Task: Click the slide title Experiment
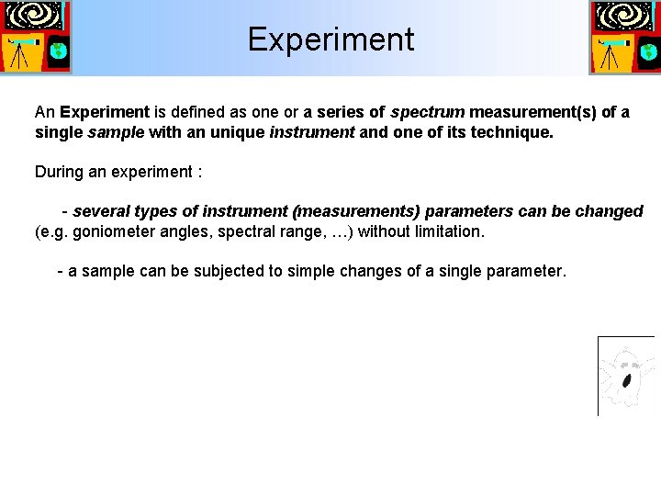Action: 330,39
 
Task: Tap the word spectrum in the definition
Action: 427,112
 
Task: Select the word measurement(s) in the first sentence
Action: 532,112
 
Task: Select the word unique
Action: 241,132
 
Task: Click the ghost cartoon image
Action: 626,376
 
